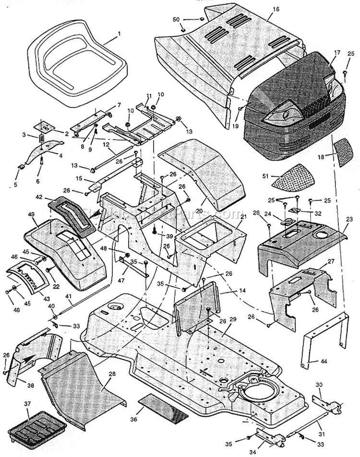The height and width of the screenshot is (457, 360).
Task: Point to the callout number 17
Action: [337, 52]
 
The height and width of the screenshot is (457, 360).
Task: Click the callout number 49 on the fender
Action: [33, 214]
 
